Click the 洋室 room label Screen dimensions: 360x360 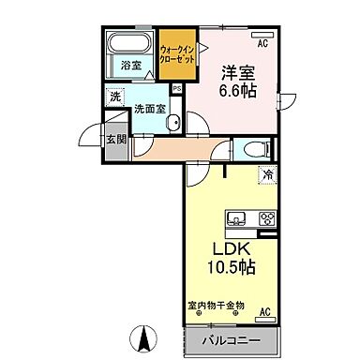(x=236, y=71)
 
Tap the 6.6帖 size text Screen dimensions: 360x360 (x=236, y=91)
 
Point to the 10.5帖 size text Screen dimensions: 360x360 (x=231, y=268)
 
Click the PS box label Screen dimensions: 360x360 (x=176, y=89)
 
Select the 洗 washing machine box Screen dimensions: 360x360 (x=114, y=97)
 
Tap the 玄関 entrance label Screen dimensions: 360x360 (x=114, y=139)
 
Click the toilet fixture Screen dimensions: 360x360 (x=253, y=148)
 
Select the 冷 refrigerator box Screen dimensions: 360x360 (x=266, y=174)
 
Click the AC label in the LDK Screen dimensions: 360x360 (x=263, y=311)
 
